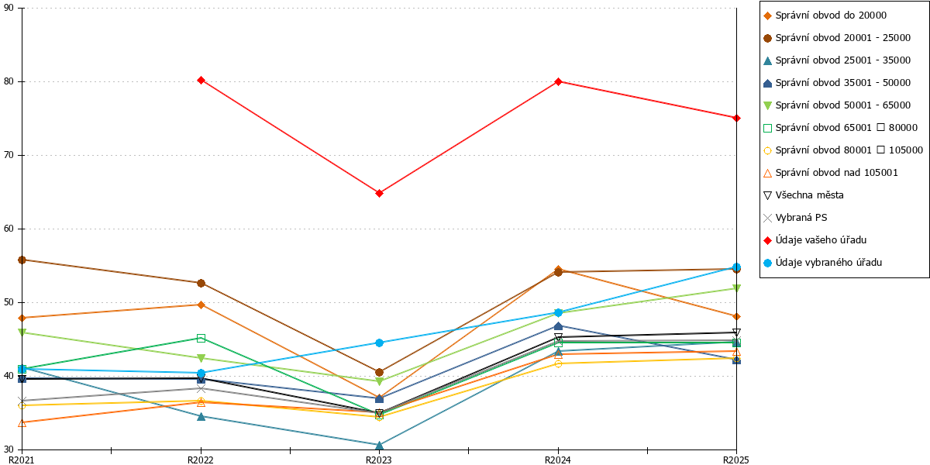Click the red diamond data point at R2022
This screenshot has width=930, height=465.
pos(201,80)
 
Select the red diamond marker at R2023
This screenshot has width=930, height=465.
pos(379,193)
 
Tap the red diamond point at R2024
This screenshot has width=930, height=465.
pos(559,81)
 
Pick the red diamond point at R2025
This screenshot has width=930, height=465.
pos(736,118)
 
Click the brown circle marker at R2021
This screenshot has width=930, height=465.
pos(22,260)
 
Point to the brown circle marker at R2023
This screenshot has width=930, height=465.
pos(379,372)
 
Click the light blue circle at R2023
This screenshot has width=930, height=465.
pos(379,343)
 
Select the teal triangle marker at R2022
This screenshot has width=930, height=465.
pos(201,416)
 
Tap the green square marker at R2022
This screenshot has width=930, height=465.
pos(201,338)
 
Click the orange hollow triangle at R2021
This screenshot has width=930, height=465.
pos(22,422)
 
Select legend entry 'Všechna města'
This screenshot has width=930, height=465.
pos(804,195)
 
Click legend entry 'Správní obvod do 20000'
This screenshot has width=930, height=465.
pos(825,15)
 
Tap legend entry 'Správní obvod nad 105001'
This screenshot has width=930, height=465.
pos(830,173)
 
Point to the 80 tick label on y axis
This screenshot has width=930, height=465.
pos(9,81)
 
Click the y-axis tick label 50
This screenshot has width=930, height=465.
pos(9,302)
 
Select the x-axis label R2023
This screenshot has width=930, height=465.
pos(379,460)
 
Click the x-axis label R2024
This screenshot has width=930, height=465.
pos(558,460)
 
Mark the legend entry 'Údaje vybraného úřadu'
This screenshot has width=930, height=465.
pos(822,263)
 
